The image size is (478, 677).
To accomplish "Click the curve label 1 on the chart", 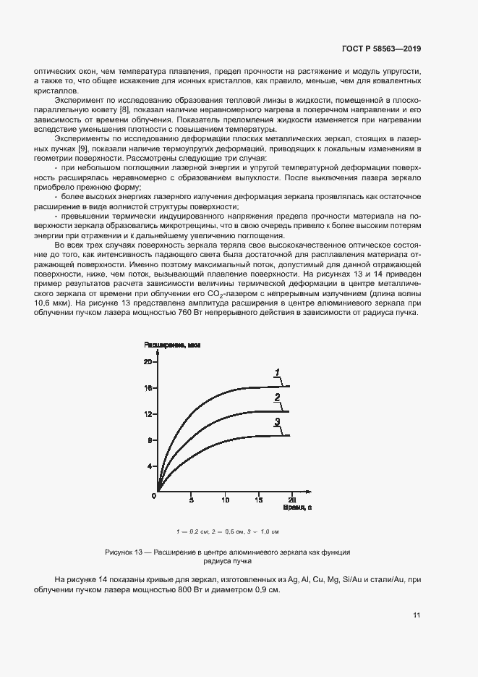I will click(x=277, y=372).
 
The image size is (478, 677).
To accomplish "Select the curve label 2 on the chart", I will click(x=277, y=398).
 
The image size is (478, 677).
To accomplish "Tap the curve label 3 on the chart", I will click(x=277, y=422).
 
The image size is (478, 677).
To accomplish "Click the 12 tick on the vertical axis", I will click(x=148, y=414).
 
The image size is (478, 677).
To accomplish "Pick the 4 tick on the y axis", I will click(x=150, y=466).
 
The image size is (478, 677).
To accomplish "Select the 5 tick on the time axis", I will click(x=191, y=500).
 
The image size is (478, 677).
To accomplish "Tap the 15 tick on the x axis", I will click(x=258, y=500).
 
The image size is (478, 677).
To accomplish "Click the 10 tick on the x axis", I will click(x=225, y=500).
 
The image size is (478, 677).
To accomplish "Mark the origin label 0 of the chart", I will click(x=154, y=497).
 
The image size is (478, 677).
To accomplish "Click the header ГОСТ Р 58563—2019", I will click(x=381, y=49).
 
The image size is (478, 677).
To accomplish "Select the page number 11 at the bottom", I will click(x=417, y=615).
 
